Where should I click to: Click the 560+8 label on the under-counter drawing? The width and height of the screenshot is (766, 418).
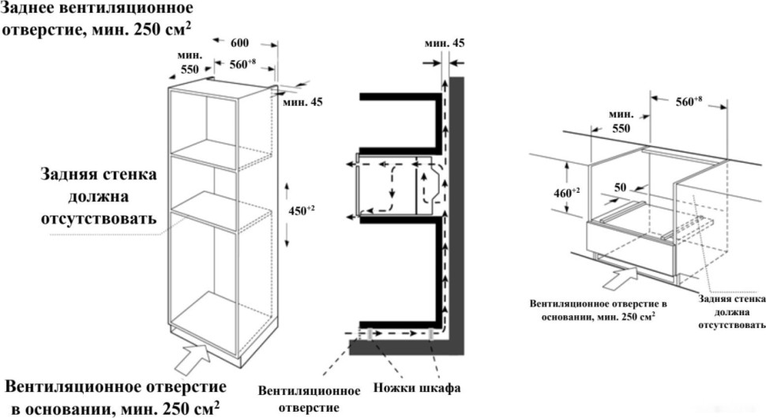click(x=689, y=101)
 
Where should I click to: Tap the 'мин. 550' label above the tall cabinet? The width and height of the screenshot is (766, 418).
click(x=190, y=62)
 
